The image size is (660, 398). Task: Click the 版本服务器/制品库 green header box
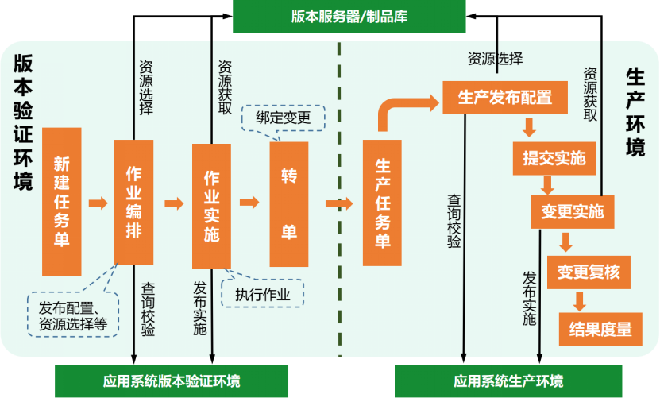(349, 17)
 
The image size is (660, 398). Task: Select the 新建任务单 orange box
(62, 201)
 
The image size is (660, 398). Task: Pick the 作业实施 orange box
(211, 205)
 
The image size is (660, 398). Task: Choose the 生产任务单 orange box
(382, 203)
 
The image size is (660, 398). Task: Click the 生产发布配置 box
(505, 98)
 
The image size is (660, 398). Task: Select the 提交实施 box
(554, 158)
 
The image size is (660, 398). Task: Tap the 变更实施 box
(572, 211)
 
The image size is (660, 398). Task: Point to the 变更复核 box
(589, 272)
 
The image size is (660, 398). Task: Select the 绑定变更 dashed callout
(283, 118)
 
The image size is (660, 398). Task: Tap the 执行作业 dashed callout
(262, 295)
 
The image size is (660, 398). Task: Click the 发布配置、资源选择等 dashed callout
(73, 315)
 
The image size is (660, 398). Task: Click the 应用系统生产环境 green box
(508, 381)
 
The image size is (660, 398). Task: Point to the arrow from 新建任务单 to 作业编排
(98, 203)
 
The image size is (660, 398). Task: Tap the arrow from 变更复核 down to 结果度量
(581, 301)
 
